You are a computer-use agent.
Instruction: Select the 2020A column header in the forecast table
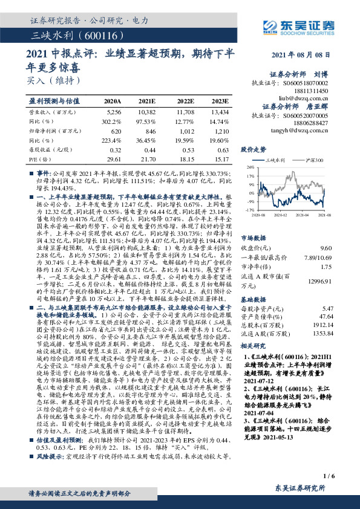pyautogui.click(x=113, y=102)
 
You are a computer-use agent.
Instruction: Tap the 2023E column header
pyautogui.click(x=220, y=102)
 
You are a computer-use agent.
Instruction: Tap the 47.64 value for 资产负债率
pyautogui.click(x=326, y=316)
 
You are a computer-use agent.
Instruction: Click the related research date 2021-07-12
pyautogui.click(x=257, y=380)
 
